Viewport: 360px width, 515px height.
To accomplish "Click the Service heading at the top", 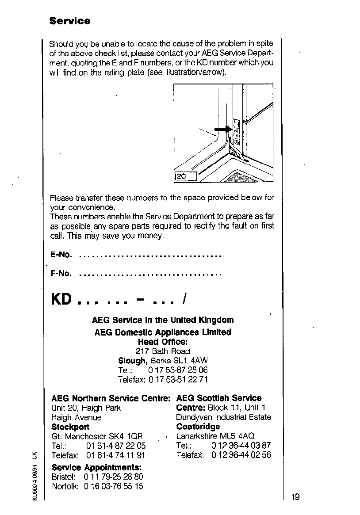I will (70, 21).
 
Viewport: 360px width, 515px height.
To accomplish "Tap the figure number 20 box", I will (186, 176).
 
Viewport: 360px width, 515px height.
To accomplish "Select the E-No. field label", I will (61, 255).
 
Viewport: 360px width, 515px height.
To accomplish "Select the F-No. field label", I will (61, 274).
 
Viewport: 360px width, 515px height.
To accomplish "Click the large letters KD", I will (61, 299).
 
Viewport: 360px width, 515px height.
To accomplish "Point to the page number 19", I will (295, 496).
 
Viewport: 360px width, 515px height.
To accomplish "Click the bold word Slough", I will (133, 361).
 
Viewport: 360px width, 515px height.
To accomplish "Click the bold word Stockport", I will (70, 427).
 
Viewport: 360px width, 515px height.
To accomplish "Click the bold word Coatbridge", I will (198, 427).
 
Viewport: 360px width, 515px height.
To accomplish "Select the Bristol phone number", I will (113, 477).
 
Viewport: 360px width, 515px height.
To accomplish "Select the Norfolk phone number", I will (113, 487).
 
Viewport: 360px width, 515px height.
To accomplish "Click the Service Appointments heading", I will (96, 467).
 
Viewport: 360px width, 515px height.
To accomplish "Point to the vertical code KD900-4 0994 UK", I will (34, 476).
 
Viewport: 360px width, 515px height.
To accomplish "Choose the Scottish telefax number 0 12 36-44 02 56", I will (241, 455).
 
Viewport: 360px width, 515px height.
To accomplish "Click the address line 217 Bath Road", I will (163, 351).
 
